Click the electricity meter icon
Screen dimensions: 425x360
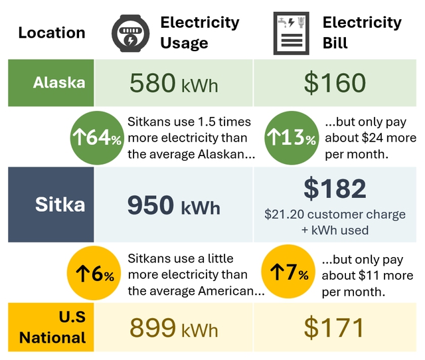[130, 33]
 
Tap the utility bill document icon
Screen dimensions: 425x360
[292, 33]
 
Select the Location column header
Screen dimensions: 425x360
[52, 33]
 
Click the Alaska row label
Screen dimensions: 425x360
[59, 82]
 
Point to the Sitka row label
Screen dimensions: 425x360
[60, 204]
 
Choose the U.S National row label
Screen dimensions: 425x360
[52, 327]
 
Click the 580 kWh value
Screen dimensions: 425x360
[174, 82]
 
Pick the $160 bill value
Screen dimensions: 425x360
[335, 82]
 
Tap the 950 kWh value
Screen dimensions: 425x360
[174, 205]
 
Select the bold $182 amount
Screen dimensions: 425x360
[335, 188]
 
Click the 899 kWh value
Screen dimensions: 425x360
[174, 327]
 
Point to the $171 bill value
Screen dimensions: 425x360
[333, 327]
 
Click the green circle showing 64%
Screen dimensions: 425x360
[97, 137]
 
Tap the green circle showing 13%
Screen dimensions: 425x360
[292, 137]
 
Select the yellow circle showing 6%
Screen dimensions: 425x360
[94, 273]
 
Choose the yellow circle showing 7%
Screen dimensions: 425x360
[288, 272]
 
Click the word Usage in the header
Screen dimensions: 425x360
[185, 43]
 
